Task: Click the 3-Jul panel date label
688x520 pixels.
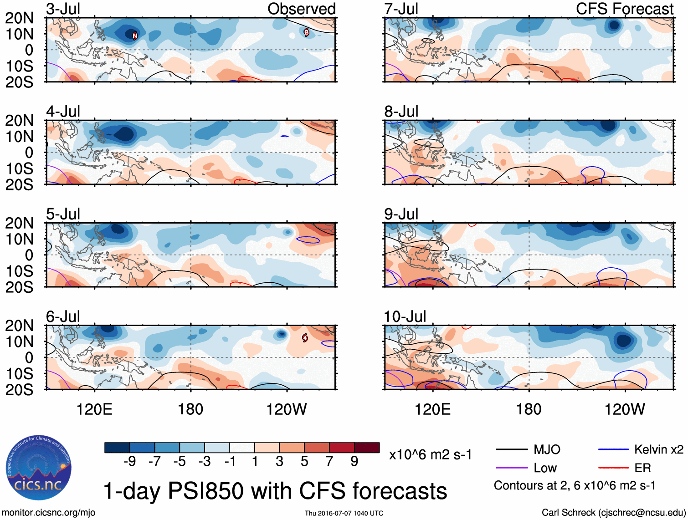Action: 63,9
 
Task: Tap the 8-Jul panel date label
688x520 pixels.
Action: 401,112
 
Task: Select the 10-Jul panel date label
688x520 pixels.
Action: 405,316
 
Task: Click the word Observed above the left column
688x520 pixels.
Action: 301,9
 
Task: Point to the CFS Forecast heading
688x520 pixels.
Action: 624,9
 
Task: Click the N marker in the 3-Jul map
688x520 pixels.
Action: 135,36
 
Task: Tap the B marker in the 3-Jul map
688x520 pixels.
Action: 307,32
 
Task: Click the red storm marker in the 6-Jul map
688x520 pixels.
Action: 305,338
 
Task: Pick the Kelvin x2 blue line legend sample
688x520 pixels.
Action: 613,450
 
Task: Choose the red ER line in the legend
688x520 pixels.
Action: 613,468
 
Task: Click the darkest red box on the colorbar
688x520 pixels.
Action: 367,448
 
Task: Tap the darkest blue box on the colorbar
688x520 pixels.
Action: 117,448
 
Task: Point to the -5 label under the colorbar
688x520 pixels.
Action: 179,462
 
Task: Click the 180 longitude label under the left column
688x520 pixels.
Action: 190,409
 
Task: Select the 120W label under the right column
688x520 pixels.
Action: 625,409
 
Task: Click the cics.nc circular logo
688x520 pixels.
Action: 39,468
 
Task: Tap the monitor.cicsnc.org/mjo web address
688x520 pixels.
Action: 49,513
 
